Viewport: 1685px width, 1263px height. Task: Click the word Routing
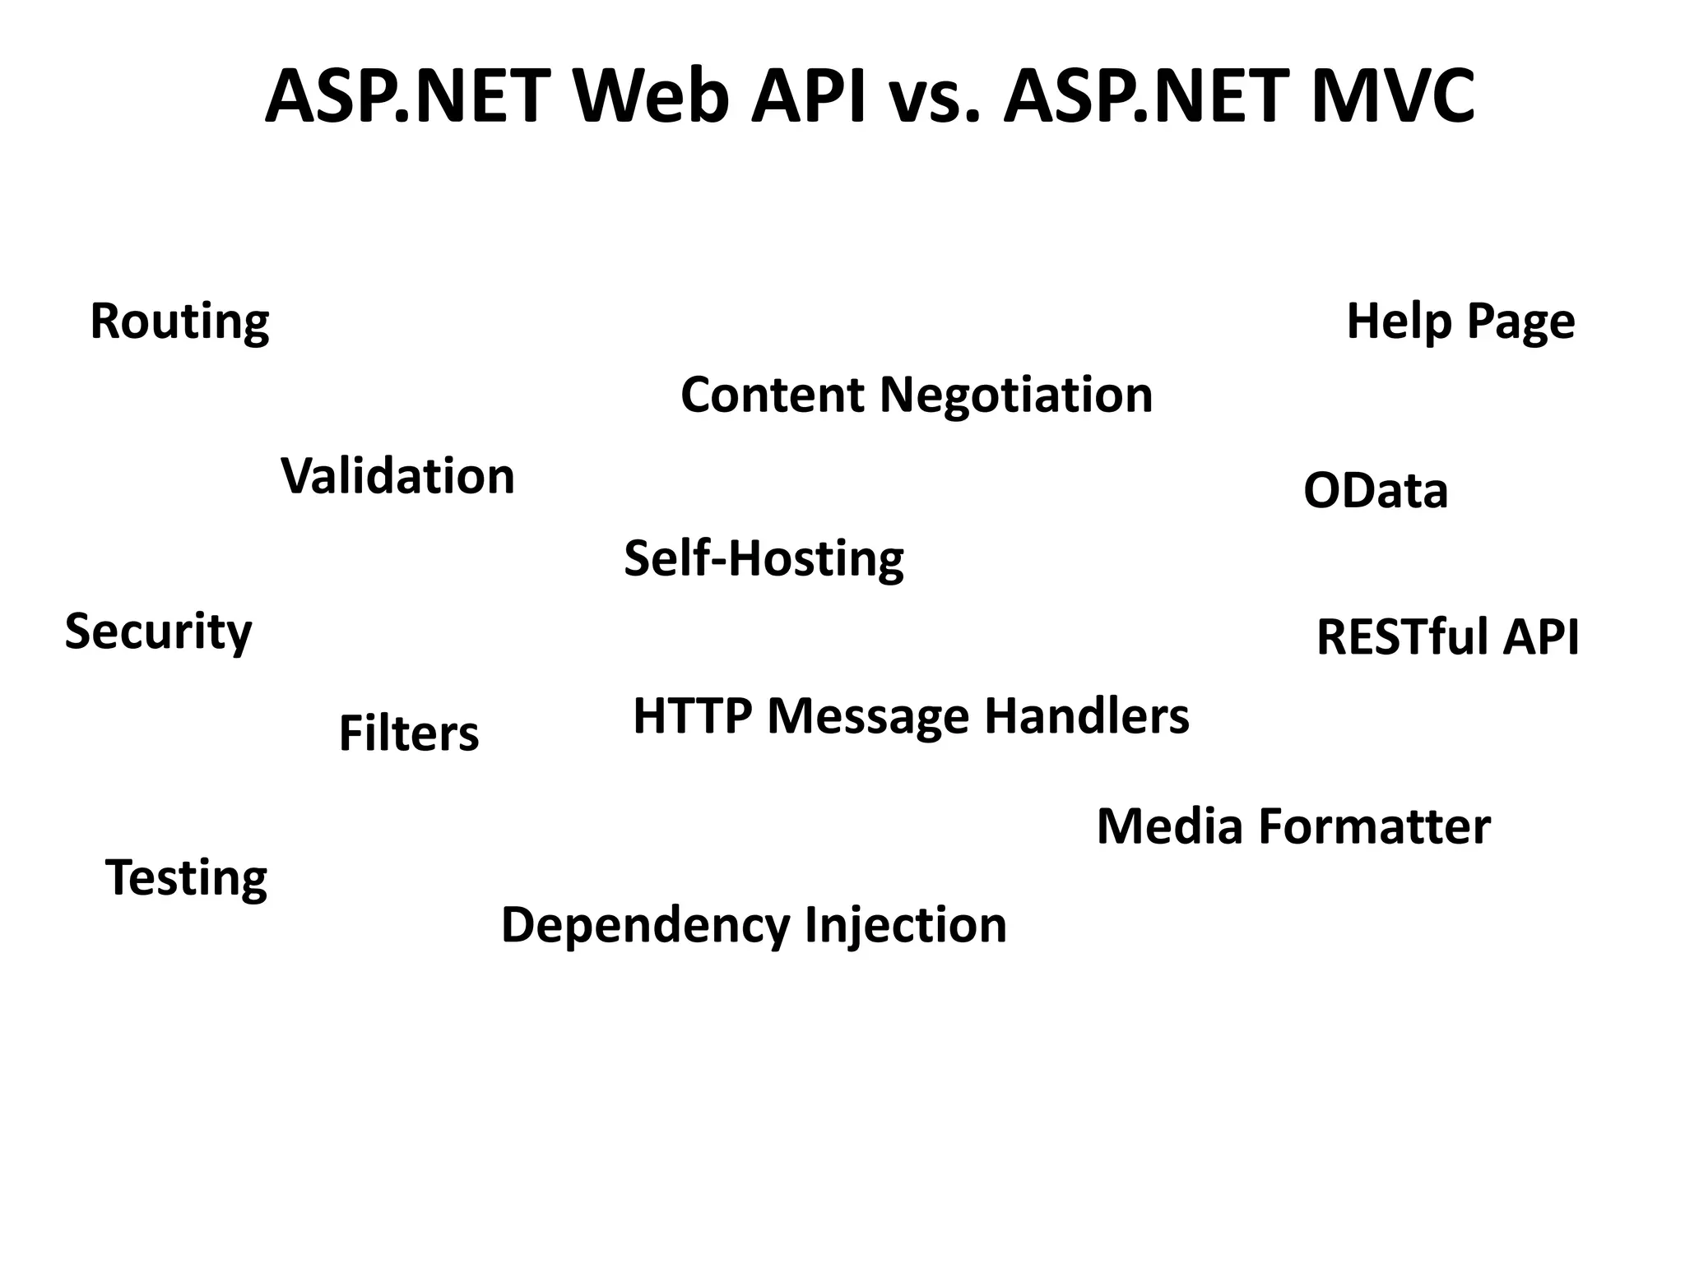point(179,322)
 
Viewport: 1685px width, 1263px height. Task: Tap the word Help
point(1400,321)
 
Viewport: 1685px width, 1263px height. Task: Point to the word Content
point(772,395)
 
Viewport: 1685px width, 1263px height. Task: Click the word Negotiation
point(1016,395)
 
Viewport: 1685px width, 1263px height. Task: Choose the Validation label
point(397,476)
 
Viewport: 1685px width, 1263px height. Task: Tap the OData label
point(1376,491)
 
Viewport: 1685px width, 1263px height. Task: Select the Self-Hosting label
point(764,558)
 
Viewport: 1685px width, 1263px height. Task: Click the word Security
point(158,631)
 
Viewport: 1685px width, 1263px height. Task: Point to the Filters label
point(408,733)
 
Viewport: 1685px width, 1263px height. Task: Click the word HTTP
point(692,715)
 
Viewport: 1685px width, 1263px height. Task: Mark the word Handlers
point(1086,715)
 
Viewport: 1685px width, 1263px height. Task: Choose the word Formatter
point(1375,826)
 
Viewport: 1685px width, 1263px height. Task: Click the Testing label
point(186,877)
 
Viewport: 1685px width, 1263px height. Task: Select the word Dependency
point(646,925)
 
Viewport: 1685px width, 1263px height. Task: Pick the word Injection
point(905,925)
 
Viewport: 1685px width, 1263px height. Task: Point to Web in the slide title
point(651,96)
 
